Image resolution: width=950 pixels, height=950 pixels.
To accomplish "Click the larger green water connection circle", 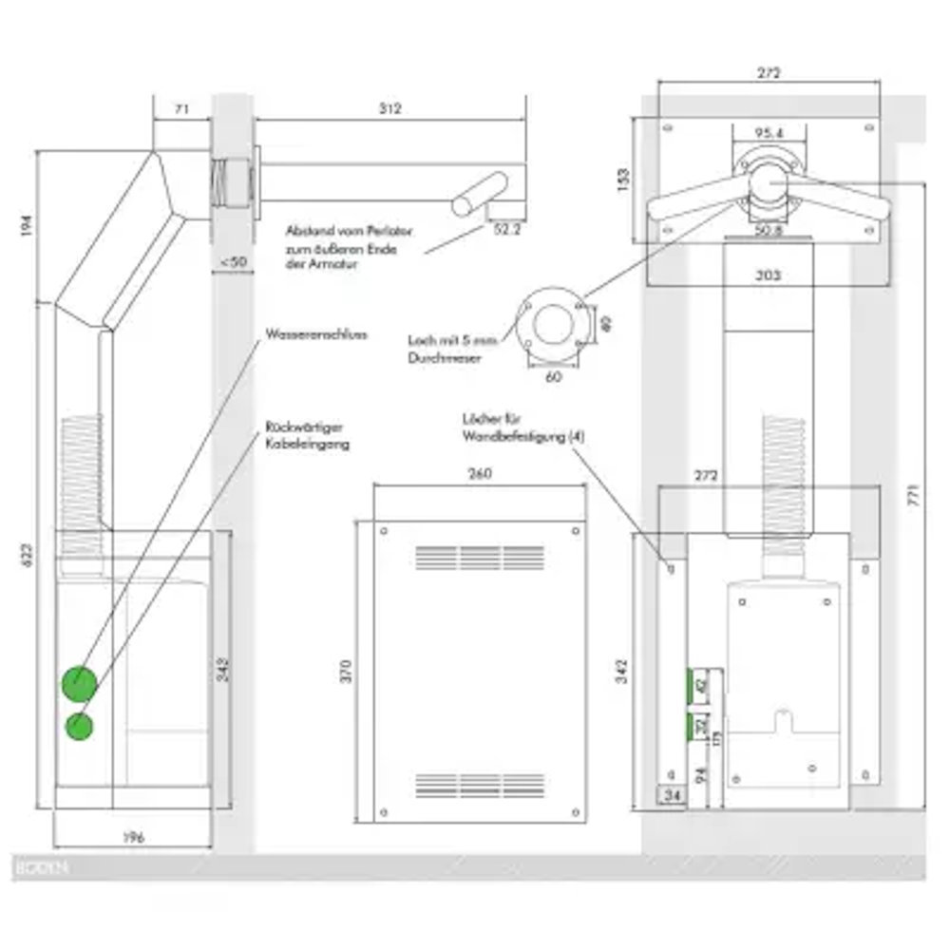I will coord(79,682).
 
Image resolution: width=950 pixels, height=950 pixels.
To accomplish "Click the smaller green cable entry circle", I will coord(80,727).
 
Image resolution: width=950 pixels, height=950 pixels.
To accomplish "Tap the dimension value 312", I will coord(390,109).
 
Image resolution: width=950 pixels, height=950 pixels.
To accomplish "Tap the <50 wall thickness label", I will coord(231,261).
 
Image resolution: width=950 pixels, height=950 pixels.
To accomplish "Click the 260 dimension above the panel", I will coord(480,474).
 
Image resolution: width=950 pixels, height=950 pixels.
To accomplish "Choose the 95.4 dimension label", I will coord(769,134).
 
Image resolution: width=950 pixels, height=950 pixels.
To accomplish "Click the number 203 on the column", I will coord(769,276).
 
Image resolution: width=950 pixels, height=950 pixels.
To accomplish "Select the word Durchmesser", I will coord(441,359).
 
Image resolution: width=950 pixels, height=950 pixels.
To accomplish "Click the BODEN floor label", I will coord(41,867).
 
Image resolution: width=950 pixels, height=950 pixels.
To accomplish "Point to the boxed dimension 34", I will coord(672,795).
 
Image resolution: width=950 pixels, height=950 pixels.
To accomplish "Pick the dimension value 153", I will coord(623,180).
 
